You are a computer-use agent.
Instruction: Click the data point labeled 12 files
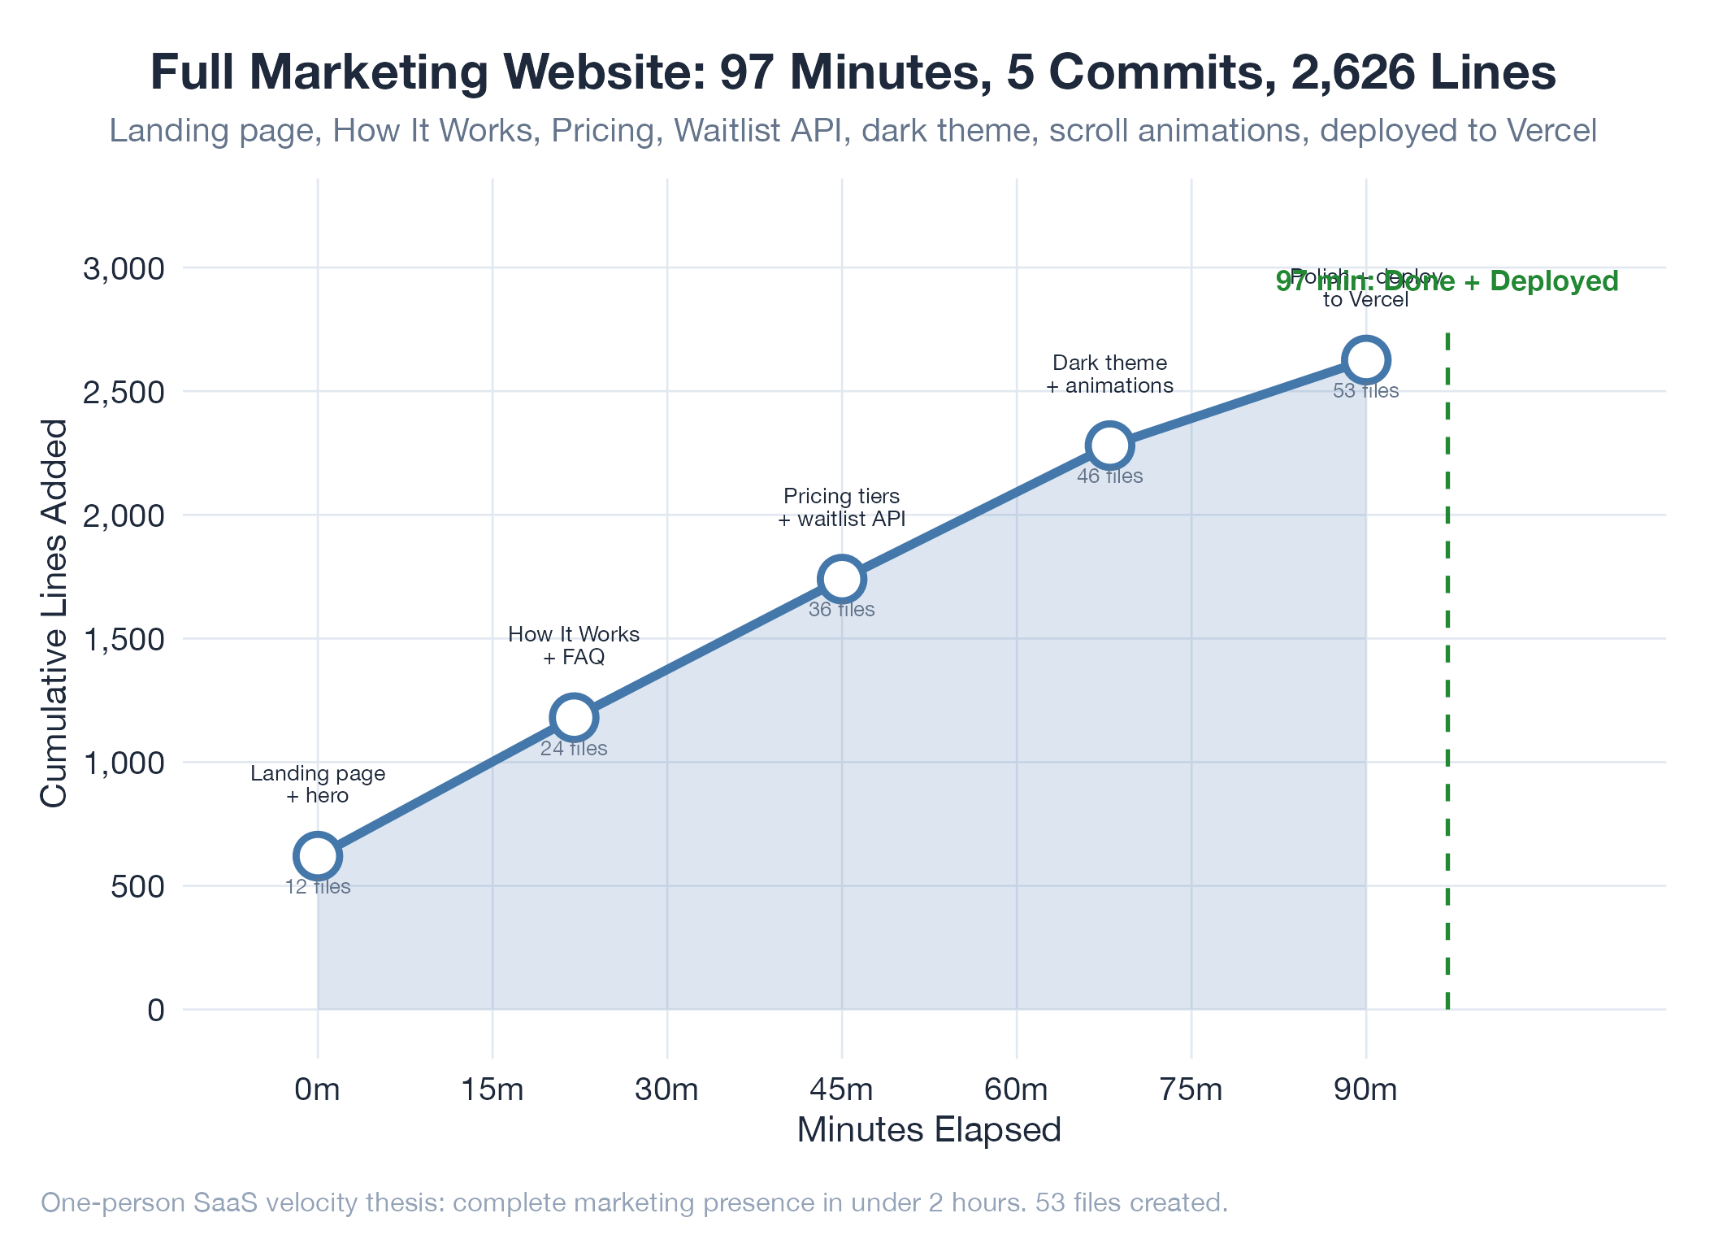pos(317,855)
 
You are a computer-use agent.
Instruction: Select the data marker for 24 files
pos(574,717)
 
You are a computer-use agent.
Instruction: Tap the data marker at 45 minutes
pos(841,579)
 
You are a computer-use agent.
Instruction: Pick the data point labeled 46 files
pos(1109,445)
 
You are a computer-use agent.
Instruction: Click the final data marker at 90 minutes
pos(1365,359)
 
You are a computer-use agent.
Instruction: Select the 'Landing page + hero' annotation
pos(318,784)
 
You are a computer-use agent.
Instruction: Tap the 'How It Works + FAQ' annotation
pos(574,646)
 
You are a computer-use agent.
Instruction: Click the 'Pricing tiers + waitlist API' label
pos(841,507)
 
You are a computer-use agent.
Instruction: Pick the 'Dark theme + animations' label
pos(1109,374)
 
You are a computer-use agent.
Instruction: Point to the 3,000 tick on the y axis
pos(124,268)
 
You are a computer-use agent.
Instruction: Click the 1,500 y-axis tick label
pos(124,639)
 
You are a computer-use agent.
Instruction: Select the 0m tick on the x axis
pos(317,1089)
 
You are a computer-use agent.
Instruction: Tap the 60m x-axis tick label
pos(1016,1089)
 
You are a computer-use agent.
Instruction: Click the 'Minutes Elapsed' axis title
pos(929,1130)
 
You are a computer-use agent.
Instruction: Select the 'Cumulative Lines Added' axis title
pos(54,614)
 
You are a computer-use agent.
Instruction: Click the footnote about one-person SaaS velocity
pos(634,1202)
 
